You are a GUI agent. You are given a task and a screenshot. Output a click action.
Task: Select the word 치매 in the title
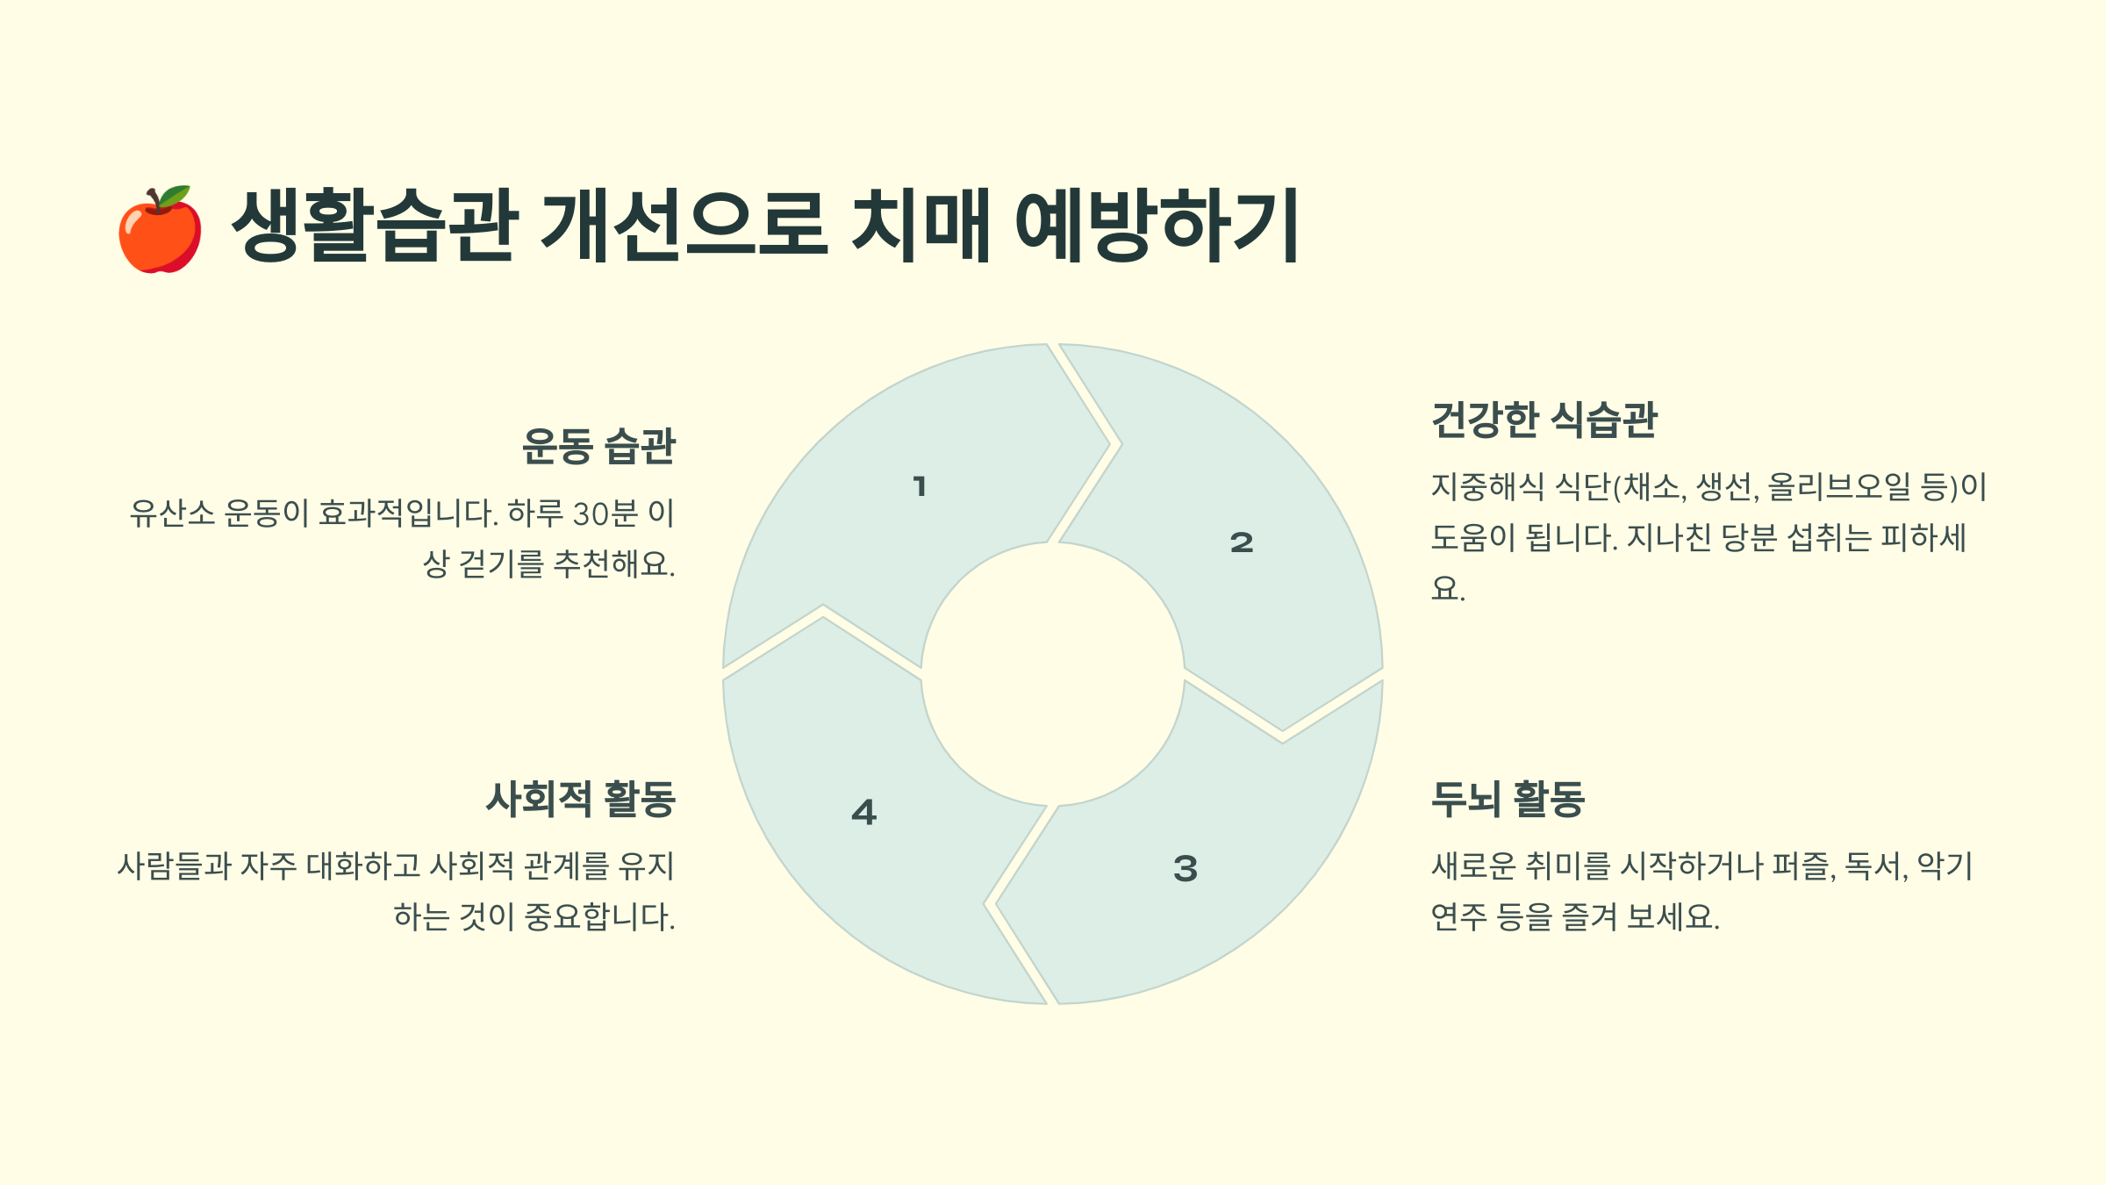920,225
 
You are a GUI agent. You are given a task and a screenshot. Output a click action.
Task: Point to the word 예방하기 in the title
1157,225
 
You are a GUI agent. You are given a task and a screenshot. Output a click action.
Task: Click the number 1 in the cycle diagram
920,486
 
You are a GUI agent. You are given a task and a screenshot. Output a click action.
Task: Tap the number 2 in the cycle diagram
1242,542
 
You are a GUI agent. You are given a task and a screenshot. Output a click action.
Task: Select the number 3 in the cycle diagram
1186,869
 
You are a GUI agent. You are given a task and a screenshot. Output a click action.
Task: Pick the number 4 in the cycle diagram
864,812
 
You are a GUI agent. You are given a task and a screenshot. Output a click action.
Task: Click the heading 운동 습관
598,446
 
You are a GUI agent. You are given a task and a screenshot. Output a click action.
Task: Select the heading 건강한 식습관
1544,420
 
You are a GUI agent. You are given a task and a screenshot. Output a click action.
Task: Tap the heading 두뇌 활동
1508,799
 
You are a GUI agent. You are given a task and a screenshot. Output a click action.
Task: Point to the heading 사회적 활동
581,799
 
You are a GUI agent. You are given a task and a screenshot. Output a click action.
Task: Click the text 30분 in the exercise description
605,513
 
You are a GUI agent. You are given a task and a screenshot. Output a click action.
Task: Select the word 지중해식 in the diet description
1487,487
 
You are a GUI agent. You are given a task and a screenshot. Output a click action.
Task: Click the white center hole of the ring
1052,674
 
